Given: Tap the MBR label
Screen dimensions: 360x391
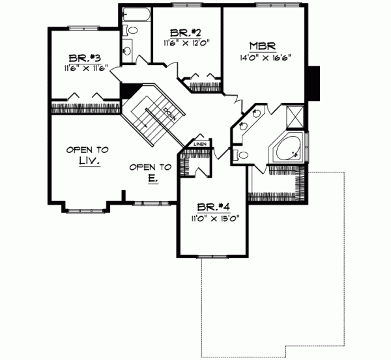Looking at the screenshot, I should tap(264, 46).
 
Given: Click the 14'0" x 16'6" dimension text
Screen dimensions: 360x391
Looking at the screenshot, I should tap(264, 56).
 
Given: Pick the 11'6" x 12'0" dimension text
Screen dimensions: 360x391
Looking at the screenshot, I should tap(184, 44).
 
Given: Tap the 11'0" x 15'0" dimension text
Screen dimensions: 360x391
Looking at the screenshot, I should tap(214, 219).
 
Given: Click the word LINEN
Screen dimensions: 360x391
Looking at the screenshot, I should tap(200, 144).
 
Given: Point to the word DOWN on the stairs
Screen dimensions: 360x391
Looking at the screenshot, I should tap(171, 114).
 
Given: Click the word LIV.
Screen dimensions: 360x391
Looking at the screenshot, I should tap(87, 161).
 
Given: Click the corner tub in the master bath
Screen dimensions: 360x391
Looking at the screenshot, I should tap(287, 150).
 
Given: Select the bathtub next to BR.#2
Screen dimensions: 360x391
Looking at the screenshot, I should tap(138, 14).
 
